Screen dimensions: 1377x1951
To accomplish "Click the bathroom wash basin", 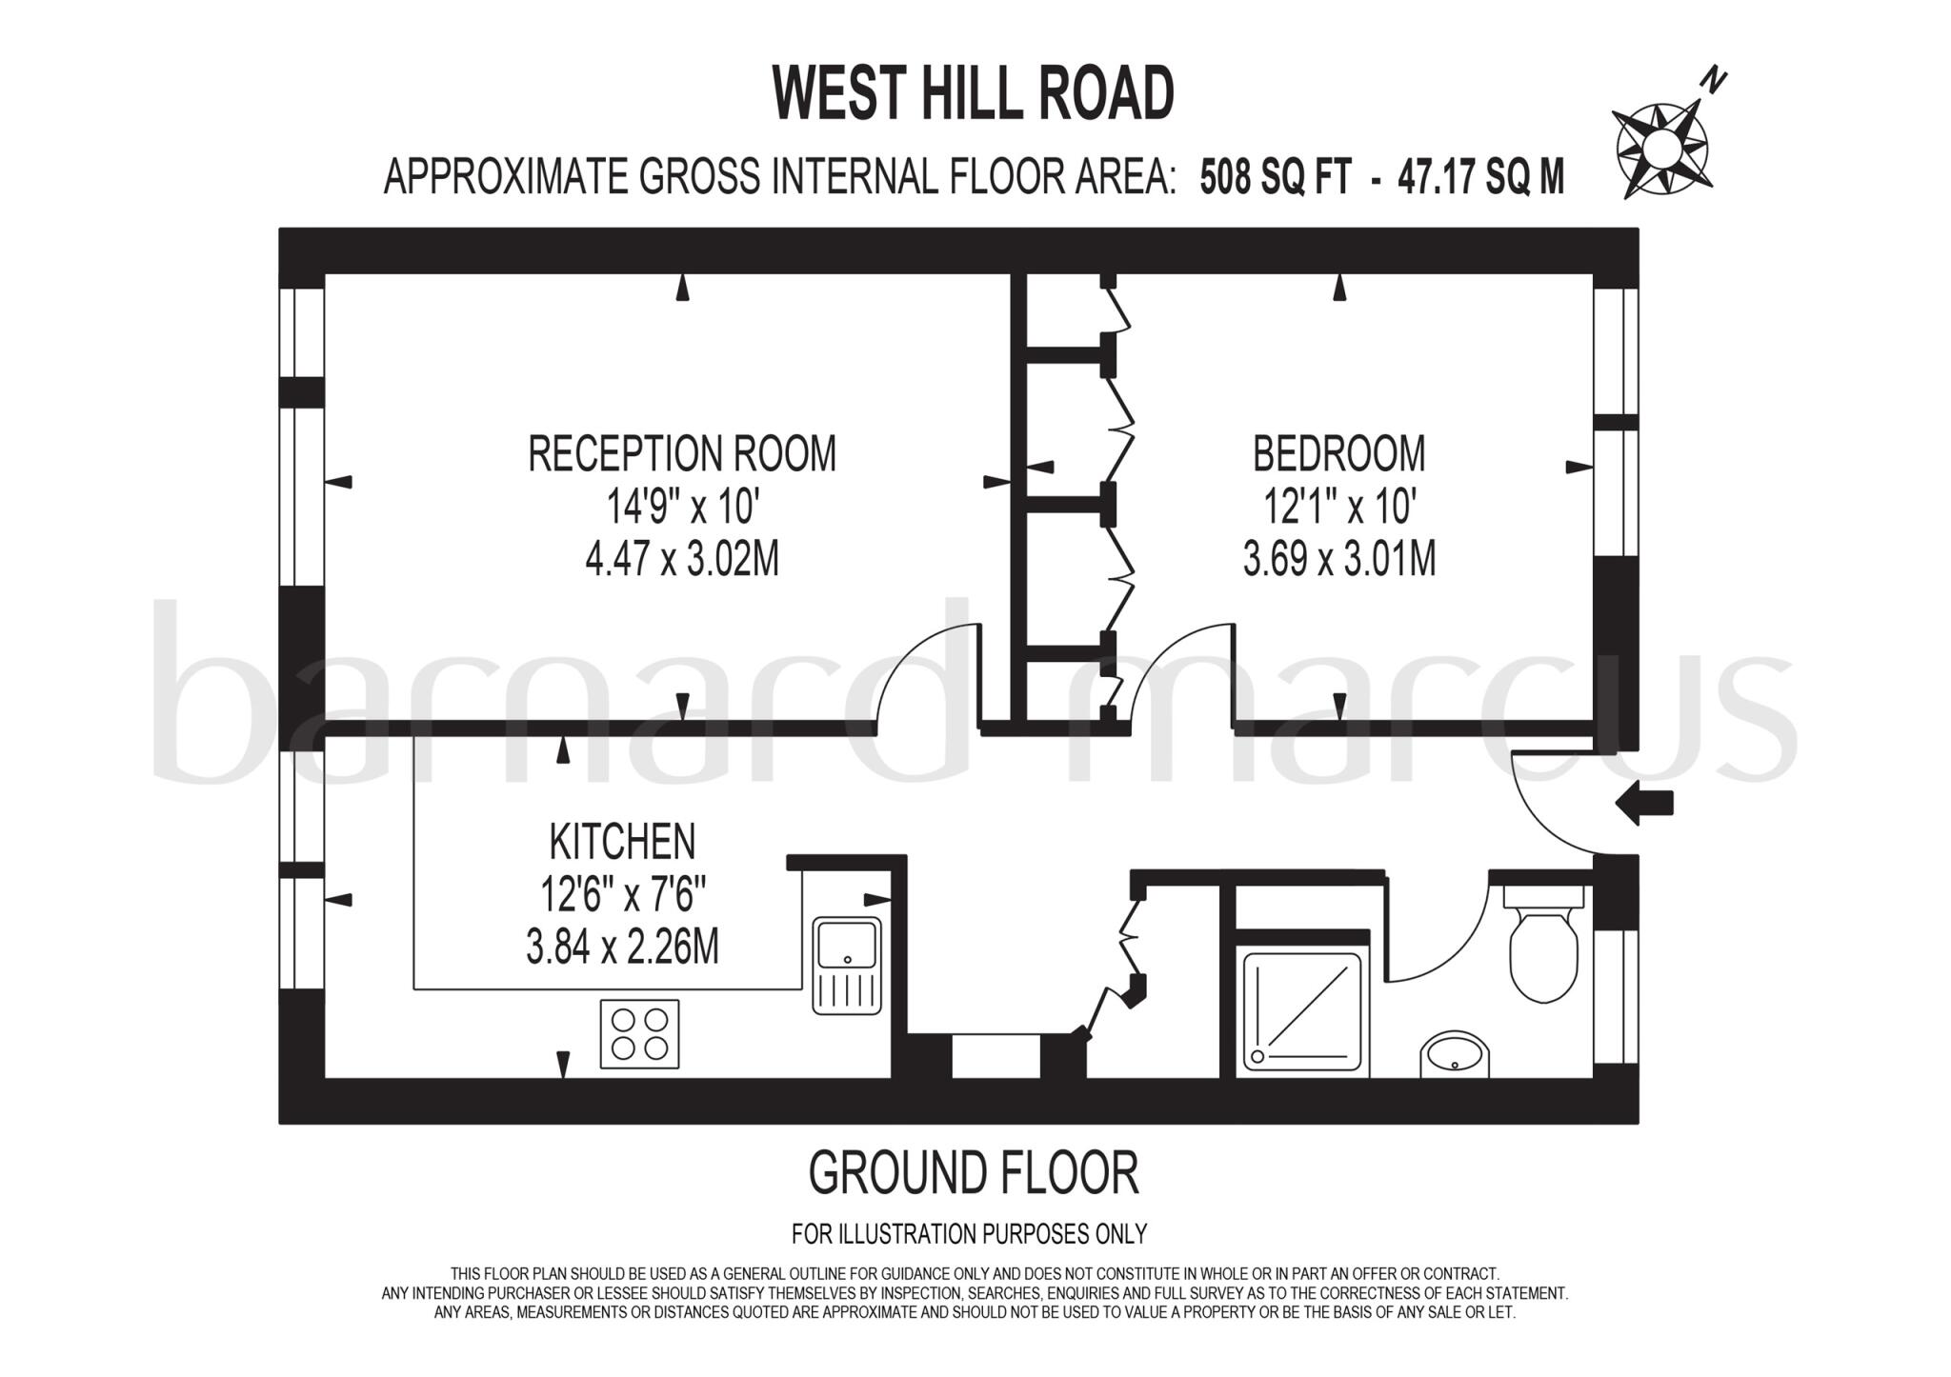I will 1455,1055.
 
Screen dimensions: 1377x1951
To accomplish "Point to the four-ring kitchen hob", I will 639,1033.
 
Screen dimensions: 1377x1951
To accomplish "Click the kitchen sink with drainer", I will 847,965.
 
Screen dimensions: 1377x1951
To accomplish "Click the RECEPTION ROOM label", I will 682,453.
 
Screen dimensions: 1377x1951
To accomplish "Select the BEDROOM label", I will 1338,453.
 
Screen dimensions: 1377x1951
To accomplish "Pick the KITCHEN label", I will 622,842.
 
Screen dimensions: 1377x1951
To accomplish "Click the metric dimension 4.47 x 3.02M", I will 682,560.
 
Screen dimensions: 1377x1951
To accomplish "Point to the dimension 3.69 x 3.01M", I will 1338,560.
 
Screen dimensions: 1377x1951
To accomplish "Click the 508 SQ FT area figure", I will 1275,177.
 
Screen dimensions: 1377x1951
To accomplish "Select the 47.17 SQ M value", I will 1480,177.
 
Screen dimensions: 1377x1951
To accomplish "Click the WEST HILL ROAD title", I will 973,93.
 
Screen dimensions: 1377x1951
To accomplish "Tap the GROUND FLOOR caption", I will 973,1173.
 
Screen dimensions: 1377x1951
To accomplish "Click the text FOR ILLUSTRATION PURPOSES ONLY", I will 969,1234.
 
